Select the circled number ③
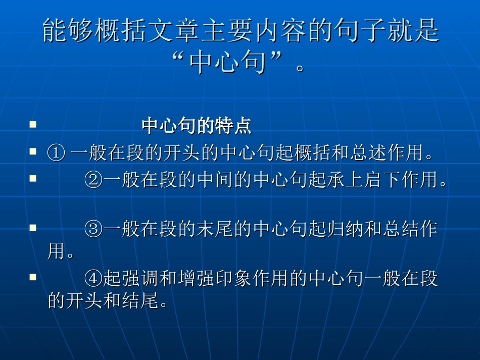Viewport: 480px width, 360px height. click(x=93, y=230)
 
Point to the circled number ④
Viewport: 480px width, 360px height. click(x=93, y=279)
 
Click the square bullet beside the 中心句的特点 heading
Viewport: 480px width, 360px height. click(x=33, y=124)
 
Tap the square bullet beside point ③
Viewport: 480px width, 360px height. click(x=33, y=228)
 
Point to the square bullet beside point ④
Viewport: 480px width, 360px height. click(x=33, y=277)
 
